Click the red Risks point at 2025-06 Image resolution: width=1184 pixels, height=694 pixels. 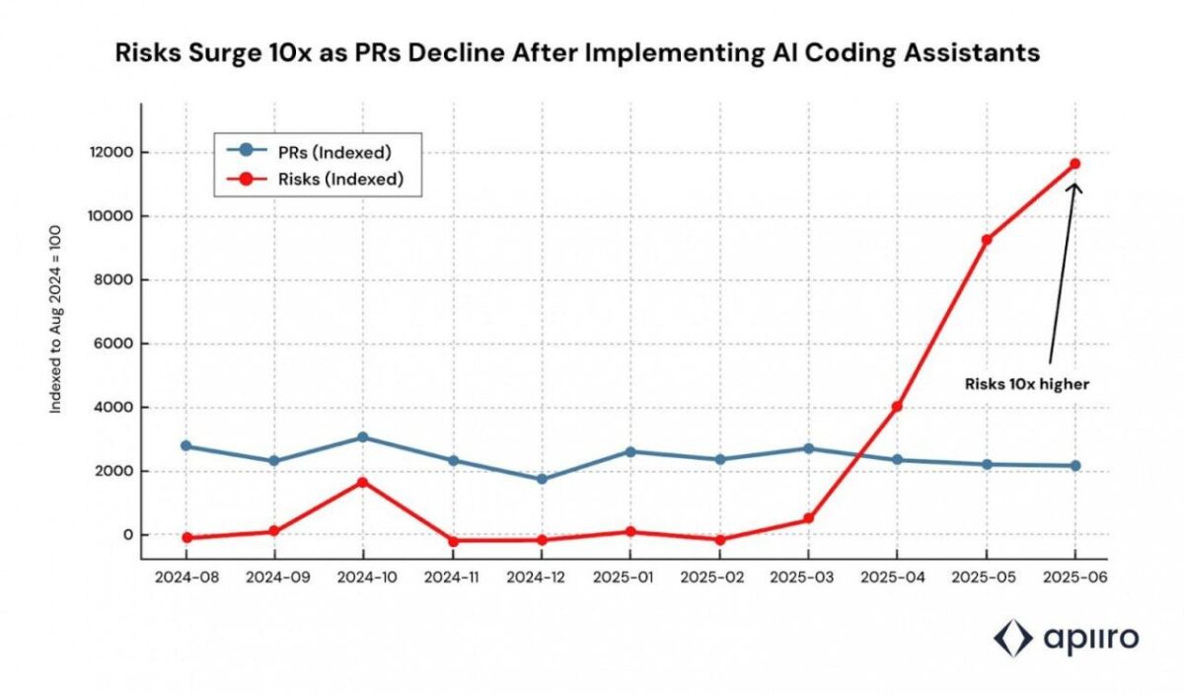coord(1074,164)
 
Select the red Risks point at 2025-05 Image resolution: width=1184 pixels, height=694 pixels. coord(986,240)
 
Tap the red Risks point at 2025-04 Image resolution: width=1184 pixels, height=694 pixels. coord(897,407)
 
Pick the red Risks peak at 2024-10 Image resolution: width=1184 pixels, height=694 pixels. coord(363,482)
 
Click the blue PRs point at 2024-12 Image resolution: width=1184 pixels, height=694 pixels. coord(541,479)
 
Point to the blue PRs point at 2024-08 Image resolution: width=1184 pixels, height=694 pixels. coord(185,446)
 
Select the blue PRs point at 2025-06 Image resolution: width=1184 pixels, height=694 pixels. coord(1074,466)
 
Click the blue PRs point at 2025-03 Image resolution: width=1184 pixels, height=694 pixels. coord(808,448)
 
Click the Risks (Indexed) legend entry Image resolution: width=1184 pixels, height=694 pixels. coord(315,179)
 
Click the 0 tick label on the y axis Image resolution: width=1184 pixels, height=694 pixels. coord(125,535)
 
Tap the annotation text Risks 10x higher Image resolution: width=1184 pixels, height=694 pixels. coord(1027,384)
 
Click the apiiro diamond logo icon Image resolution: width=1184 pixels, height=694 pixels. coord(1011,639)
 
